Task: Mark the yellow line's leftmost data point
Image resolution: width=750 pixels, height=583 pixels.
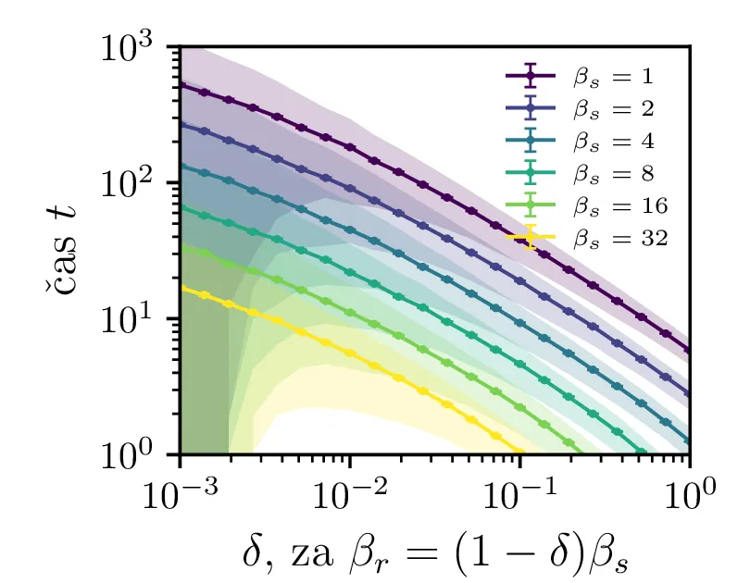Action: (181, 289)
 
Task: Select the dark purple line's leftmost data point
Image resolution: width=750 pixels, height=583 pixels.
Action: (181, 85)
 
